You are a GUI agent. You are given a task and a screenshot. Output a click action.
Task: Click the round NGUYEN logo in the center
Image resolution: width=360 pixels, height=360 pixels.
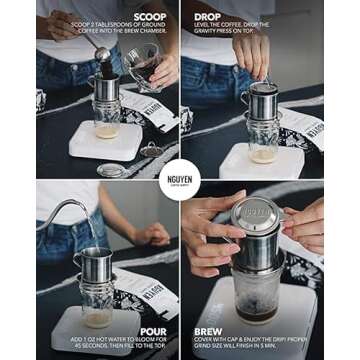180,179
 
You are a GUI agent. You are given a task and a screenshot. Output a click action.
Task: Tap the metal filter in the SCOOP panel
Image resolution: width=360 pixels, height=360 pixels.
106,89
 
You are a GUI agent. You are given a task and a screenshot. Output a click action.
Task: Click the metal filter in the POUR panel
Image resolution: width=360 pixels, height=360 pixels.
93,262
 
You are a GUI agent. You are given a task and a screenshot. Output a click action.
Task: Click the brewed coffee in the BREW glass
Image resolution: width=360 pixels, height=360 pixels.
255,312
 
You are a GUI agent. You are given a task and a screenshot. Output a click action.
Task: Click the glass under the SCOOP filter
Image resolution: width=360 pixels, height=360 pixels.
106,121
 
